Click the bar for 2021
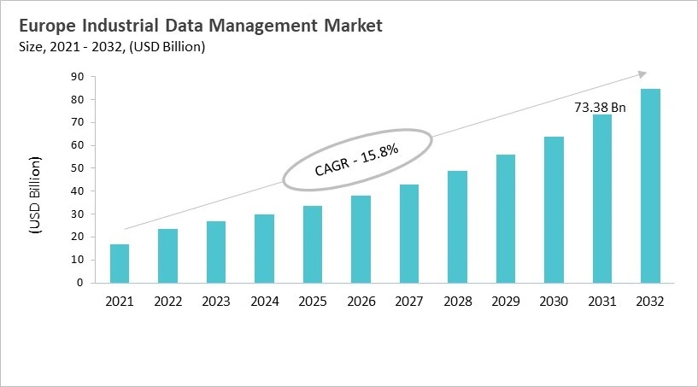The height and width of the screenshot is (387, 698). click(x=120, y=263)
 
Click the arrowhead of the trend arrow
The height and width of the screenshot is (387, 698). click(x=642, y=74)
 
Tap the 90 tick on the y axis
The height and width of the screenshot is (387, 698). click(x=77, y=77)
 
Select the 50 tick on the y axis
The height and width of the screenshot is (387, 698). click(x=77, y=168)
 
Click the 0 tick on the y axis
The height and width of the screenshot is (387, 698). click(x=80, y=282)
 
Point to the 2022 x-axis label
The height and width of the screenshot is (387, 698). click(x=168, y=301)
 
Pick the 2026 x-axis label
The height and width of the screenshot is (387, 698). click(x=361, y=301)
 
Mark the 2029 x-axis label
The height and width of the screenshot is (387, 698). click(x=506, y=301)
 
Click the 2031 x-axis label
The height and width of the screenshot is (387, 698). click(x=602, y=301)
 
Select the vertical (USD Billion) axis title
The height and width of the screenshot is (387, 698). click(x=34, y=195)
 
